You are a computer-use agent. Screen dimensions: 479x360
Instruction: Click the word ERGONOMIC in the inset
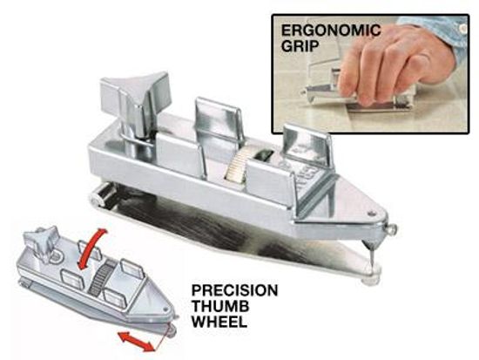pos(331,30)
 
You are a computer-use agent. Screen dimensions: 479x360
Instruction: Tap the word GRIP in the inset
pos(300,46)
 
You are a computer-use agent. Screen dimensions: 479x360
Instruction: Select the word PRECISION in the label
pos(234,290)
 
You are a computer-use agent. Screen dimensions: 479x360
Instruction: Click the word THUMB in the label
pos(220,306)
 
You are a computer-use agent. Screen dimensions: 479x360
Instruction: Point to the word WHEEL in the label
pos(219,322)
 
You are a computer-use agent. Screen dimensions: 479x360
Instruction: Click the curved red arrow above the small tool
pos(91,248)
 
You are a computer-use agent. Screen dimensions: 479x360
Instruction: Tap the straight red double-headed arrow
pos(136,342)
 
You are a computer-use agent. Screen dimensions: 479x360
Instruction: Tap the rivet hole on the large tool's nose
pos(372,214)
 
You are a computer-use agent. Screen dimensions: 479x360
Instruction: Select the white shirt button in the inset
pos(463,29)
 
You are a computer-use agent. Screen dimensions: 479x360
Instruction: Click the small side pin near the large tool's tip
pos(392,228)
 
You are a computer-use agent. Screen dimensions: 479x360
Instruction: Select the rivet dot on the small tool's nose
pos(165,309)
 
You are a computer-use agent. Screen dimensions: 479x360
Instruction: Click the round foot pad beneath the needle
pos(370,279)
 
